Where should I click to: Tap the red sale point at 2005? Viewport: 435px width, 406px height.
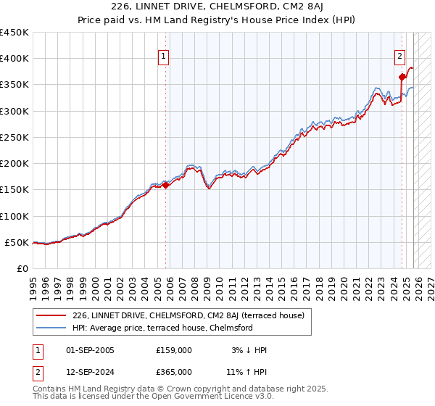tap(166, 185)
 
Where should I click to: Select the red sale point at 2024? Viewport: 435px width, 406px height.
tap(402, 76)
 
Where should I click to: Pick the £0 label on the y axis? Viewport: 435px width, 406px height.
tap(23, 268)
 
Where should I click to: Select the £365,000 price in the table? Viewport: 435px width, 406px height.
tap(174, 371)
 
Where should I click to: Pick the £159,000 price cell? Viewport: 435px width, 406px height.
tap(174, 350)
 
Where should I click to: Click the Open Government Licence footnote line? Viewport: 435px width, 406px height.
tap(154, 397)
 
